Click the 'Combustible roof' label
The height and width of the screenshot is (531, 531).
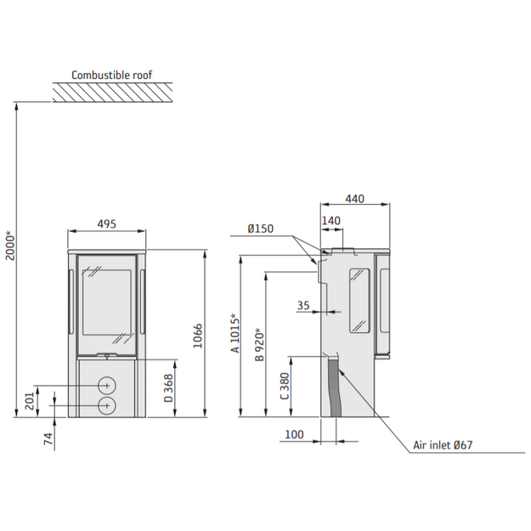(112, 75)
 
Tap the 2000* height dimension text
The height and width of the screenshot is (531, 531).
(10, 246)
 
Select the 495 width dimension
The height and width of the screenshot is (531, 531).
(107, 223)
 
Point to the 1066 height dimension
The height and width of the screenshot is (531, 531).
(197, 336)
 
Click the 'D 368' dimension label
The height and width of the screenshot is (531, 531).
(168, 388)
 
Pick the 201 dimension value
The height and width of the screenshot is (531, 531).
(30, 401)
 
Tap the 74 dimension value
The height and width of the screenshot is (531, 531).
(48, 438)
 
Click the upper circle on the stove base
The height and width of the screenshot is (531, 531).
(107, 386)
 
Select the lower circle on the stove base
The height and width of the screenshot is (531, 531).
(107, 405)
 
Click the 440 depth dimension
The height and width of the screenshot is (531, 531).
(354, 199)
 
